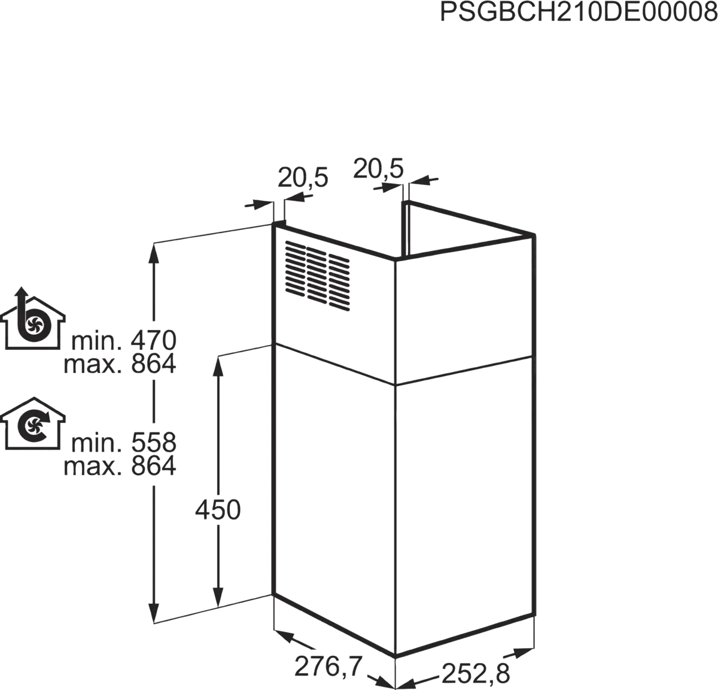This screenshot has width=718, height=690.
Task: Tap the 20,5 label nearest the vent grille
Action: [303, 178]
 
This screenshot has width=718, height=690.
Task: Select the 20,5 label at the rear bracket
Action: [379, 168]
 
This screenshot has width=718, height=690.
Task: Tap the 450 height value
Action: [217, 510]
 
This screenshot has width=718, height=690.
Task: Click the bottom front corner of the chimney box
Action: [395, 657]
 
